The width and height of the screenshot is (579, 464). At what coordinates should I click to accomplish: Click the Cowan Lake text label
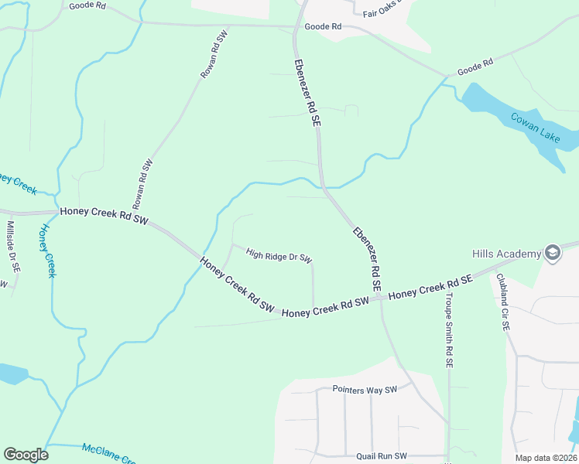(x=536, y=127)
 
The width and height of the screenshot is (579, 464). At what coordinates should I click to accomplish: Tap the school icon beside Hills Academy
(x=553, y=254)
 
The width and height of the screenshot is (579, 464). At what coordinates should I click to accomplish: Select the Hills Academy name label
(x=506, y=254)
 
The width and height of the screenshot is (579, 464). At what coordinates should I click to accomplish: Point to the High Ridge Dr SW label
(x=279, y=254)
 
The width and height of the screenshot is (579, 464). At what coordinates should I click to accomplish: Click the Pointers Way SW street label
(x=364, y=389)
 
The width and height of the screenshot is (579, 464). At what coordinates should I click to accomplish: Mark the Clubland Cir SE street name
(x=503, y=302)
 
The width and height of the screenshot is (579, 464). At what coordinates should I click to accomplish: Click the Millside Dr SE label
(x=13, y=246)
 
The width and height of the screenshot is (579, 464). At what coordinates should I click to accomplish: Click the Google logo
(x=26, y=455)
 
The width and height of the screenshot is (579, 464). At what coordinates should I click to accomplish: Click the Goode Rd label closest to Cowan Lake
(x=475, y=67)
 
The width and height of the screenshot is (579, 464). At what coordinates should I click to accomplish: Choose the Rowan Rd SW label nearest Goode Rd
(x=214, y=56)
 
